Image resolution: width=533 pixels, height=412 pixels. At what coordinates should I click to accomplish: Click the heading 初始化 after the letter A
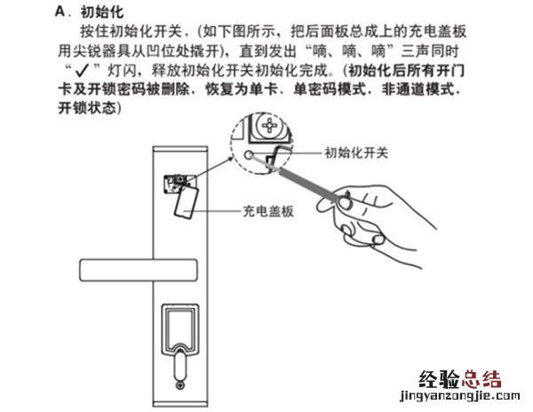(102, 12)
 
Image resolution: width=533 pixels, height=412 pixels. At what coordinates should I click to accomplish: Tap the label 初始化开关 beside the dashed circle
(356, 153)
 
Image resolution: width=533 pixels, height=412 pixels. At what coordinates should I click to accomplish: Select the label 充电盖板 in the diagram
(268, 211)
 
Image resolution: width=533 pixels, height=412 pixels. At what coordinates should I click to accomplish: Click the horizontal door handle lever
(139, 270)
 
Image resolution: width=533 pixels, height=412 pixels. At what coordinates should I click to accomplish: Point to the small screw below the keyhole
(179, 385)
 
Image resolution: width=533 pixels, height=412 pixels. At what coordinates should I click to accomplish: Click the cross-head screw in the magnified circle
(269, 125)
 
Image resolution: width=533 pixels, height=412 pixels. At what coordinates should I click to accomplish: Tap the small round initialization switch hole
(249, 155)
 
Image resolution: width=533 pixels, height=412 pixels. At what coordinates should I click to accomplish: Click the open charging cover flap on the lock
(187, 202)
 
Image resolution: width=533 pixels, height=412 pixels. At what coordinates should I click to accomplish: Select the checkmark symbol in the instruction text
(82, 71)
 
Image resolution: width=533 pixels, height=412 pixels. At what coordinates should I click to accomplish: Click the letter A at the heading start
(60, 12)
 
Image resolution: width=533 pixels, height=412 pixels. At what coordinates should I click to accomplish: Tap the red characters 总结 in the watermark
(481, 379)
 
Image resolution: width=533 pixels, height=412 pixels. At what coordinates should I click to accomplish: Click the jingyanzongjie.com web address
(460, 396)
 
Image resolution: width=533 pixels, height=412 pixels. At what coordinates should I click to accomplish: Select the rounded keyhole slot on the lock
(179, 366)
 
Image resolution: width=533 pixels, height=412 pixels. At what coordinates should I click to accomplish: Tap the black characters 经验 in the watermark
(440, 379)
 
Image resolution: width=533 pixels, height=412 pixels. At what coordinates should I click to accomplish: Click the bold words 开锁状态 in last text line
(87, 107)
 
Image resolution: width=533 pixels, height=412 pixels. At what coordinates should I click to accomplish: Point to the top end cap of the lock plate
(180, 149)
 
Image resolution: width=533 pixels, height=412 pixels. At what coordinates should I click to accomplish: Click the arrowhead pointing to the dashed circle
(231, 157)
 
